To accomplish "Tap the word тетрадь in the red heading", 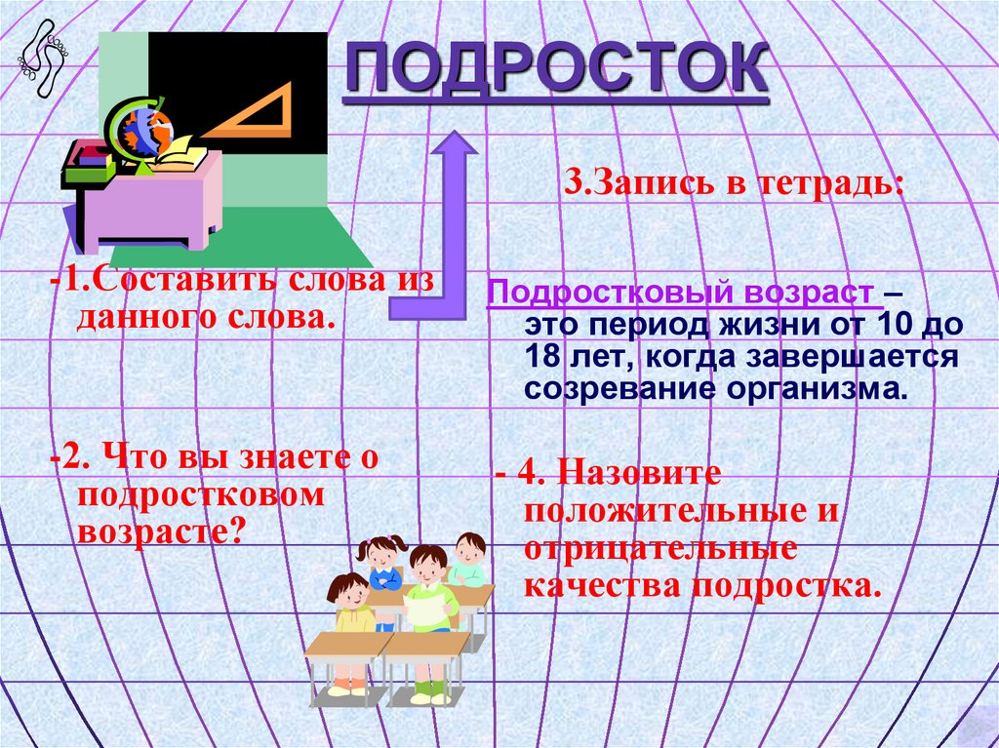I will [829, 182].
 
